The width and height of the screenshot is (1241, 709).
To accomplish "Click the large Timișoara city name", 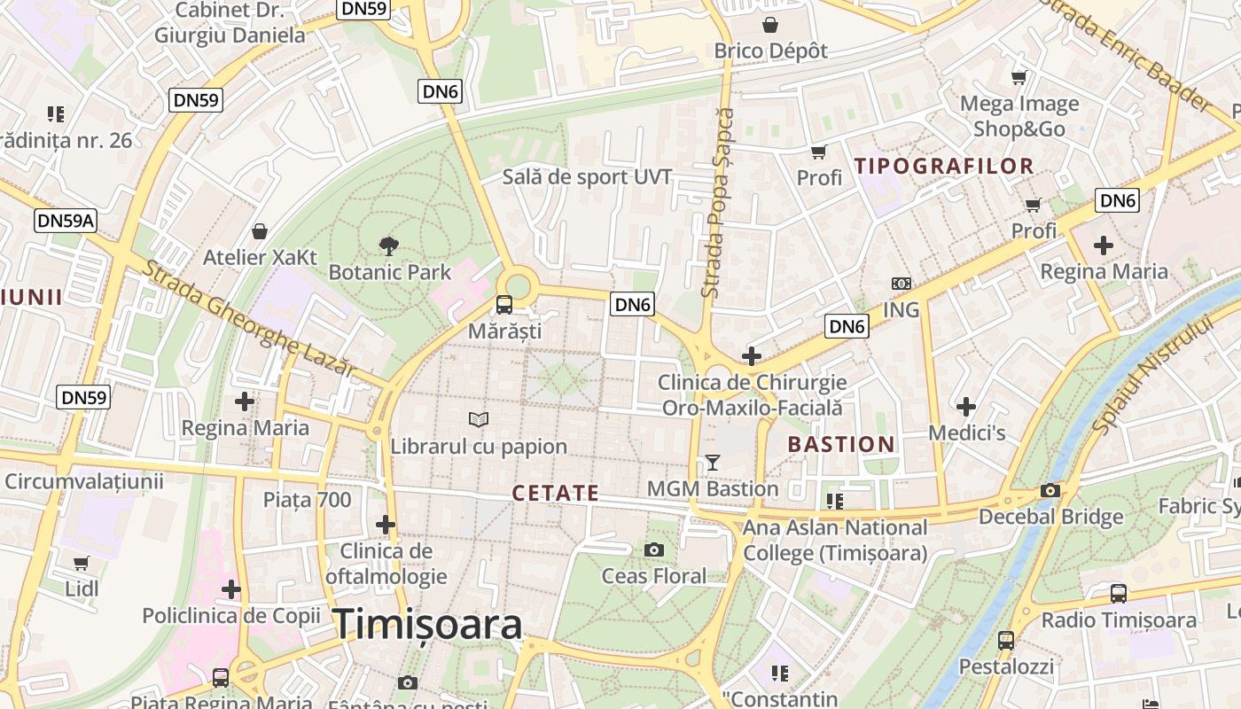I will (427, 625).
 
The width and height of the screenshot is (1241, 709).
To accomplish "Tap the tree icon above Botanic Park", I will (388, 246).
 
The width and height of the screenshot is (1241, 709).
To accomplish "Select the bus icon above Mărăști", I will (504, 305).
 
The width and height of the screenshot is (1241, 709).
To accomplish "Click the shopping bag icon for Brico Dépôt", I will (770, 25).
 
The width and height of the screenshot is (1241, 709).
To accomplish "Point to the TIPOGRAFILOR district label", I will (944, 166).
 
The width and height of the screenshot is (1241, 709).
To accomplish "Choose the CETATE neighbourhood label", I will (556, 493).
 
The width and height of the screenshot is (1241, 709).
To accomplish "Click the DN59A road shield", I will (66, 221).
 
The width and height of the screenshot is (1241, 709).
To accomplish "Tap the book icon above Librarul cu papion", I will (479, 419).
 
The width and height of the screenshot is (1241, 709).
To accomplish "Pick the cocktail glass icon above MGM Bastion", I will (712, 463).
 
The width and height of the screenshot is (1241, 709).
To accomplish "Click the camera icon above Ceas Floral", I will (654, 550).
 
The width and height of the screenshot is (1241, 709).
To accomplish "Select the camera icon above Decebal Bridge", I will (1050, 490).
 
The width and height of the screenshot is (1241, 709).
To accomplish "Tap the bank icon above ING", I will (901, 284).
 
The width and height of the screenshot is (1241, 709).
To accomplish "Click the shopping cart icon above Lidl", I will (82, 563).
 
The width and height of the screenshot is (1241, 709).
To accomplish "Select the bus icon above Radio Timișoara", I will (1119, 594).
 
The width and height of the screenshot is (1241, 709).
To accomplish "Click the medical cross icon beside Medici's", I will (966, 407).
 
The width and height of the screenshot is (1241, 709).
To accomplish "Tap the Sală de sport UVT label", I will (587, 176).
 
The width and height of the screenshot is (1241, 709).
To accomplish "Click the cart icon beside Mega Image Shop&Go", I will (1019, 78).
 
